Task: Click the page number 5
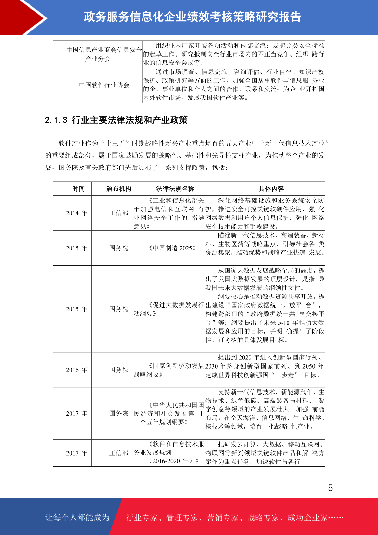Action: click(330, 488)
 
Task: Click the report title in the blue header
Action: click(192, 17)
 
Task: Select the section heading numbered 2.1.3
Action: click(116, 120)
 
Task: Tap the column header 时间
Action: click(78, 189)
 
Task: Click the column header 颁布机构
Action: click(118, 189)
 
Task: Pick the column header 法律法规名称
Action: click(175, 189)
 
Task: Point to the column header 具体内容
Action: click(271, 189)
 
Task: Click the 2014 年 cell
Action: click(76, 213)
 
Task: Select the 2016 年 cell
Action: click(76, 370)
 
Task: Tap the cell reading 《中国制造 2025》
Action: click(172, 248)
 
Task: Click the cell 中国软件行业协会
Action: click(104, 85)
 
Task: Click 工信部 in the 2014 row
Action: click(118, 213)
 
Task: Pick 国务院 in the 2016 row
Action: click(118, 370)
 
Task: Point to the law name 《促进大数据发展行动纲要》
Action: click(169, 309)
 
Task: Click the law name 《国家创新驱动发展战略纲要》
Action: click(169, 370)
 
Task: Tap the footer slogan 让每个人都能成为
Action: click(77, 518)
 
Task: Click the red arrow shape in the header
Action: click(24, 17)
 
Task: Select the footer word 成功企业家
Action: click(307, 518)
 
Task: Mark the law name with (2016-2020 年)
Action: click(169, 453)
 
